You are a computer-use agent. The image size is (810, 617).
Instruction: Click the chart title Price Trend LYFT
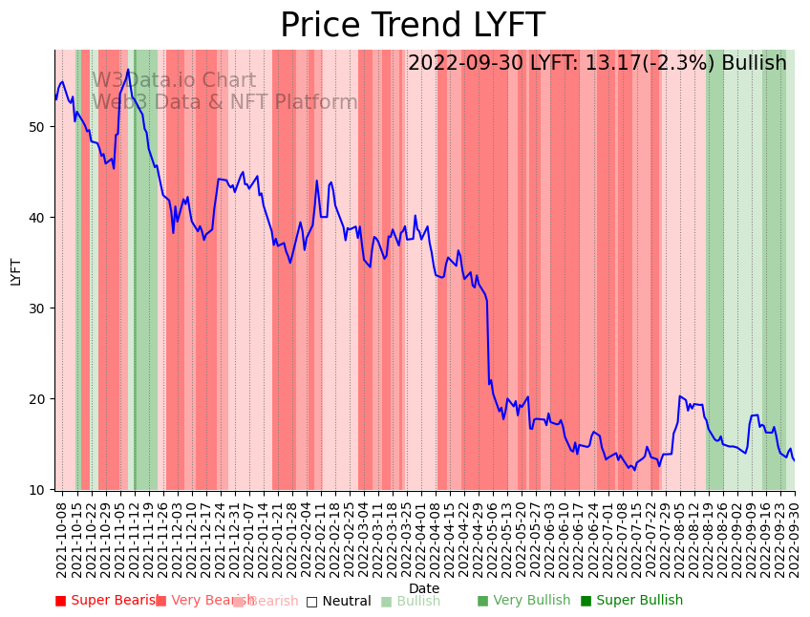(412, 26)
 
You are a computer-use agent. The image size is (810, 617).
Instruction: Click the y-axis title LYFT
(15, 271)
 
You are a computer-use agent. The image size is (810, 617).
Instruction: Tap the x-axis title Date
(424, 589)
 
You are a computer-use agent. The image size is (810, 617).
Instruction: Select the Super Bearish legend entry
(107, 601)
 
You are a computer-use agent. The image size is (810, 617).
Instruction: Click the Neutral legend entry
(339, 601)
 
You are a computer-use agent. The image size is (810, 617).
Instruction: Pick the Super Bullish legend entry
(631, 601)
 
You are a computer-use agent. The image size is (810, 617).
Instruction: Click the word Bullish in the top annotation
(754, 63)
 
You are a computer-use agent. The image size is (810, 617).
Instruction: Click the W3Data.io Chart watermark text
(174, 81)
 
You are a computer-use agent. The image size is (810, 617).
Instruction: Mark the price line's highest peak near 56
(128, 70)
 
